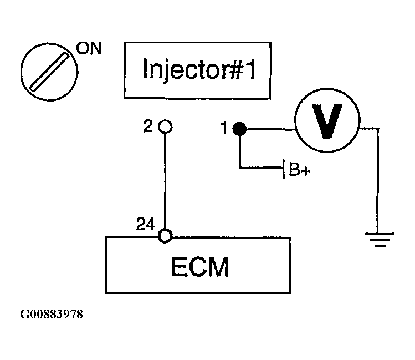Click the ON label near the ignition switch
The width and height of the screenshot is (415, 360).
coord(89,48)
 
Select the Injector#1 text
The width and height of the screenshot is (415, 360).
coord(199,69)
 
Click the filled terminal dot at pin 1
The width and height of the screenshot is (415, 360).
coord(239,129)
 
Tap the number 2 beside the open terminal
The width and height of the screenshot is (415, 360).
coord(148,126)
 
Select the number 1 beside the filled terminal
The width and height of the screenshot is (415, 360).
coord(224,128)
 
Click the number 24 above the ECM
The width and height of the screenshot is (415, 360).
coord(146,224)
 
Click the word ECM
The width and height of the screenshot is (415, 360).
coord(200,266)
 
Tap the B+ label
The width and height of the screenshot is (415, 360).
coord(300,169)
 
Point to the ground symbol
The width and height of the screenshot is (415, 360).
coord(380,240)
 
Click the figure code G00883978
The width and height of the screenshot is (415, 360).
coord(52,315)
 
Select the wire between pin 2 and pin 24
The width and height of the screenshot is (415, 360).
coord(165,181)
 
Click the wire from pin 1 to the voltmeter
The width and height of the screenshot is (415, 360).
coord(271,129)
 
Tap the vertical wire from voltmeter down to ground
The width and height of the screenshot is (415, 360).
coord(378,181)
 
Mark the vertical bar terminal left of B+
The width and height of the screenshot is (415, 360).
coord(284,169)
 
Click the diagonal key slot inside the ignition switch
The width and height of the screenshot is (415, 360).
coord(49,72)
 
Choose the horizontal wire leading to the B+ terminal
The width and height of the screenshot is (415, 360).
coord(261,168)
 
